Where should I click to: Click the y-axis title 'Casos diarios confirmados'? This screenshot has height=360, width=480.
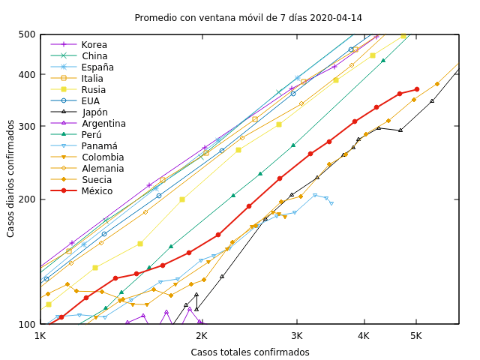(10, 178)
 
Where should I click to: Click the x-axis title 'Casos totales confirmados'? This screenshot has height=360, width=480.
(250, 352)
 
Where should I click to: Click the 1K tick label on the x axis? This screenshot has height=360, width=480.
(40, 335)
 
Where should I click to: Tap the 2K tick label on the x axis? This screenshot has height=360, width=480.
(201, 335)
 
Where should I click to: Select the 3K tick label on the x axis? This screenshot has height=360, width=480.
(297, 335)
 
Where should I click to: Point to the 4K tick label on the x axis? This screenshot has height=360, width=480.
(364, 335)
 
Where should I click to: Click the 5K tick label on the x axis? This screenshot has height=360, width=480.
(415, 335)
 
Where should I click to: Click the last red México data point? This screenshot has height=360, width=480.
(417, 89)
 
